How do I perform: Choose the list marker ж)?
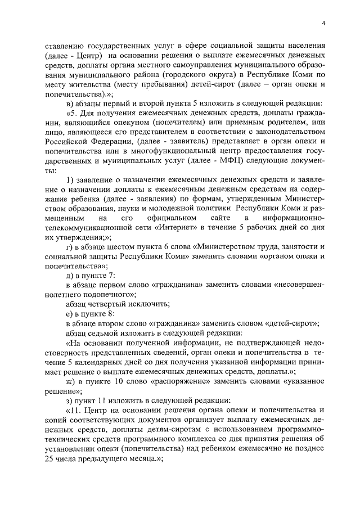71,381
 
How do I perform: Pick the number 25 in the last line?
48,459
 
